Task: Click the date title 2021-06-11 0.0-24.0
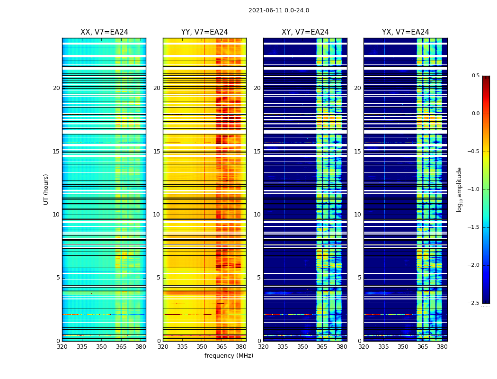(279, 10)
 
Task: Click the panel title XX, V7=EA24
(104, 32)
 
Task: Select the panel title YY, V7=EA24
(204, 32)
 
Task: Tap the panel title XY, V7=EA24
(305, 32)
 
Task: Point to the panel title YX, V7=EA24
(406, 32)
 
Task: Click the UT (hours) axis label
(46, 189)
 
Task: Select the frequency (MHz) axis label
(229, 356)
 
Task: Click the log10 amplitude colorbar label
(459, 189)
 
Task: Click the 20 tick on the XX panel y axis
(56, 88)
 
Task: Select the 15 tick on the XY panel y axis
(257, 152)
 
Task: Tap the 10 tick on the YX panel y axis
(357, 215)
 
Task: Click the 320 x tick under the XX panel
(62, 347)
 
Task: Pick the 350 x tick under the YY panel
(202, 347)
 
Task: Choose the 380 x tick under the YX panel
(442, 347)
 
